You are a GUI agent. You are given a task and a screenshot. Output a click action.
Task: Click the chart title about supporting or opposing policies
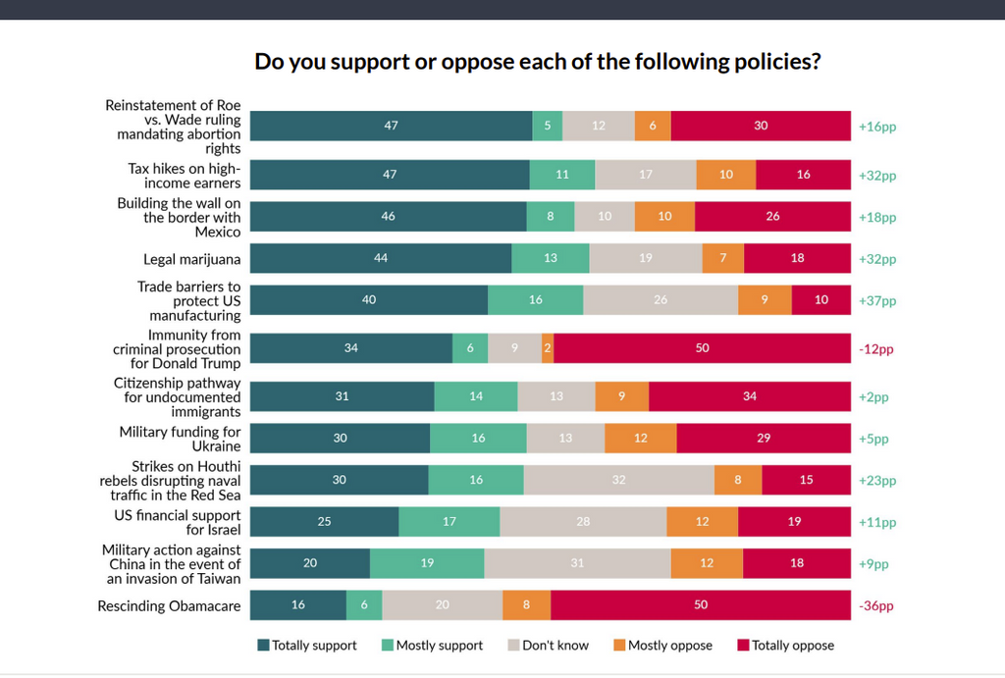(x=537, y=61)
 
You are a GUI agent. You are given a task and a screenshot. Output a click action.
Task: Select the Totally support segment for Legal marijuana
(x=381, y=258)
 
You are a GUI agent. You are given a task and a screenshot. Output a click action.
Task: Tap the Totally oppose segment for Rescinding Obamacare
(x=701, y=605)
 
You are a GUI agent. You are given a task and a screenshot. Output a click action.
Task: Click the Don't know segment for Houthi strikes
(x=618, y=481)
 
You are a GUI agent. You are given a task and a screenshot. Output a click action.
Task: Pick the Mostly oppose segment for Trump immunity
(x=548, y=348)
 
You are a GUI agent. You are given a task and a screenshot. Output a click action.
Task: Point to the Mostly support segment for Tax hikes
(x=562, y=175)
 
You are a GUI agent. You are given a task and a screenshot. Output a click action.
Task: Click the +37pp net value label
(x=877, y=301)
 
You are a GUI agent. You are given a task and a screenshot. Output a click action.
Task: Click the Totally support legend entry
(x=307, y=646)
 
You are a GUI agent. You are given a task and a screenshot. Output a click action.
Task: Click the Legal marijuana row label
(x=191, y=259)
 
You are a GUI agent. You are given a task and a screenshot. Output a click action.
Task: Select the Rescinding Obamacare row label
(x=169, y=605)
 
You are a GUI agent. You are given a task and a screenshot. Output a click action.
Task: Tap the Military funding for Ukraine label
(x=180, y=439)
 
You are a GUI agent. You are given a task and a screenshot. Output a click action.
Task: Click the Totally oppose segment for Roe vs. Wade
(x=761, y=126)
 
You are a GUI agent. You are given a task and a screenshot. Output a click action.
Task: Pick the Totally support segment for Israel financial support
(x=324, y=522)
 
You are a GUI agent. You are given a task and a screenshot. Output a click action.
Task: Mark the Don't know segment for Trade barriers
(x=661, y=300)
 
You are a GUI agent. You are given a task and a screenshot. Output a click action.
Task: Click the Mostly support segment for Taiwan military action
(x=427, y=563)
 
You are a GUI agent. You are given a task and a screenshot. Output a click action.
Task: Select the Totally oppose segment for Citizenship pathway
(x=750, y=396)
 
